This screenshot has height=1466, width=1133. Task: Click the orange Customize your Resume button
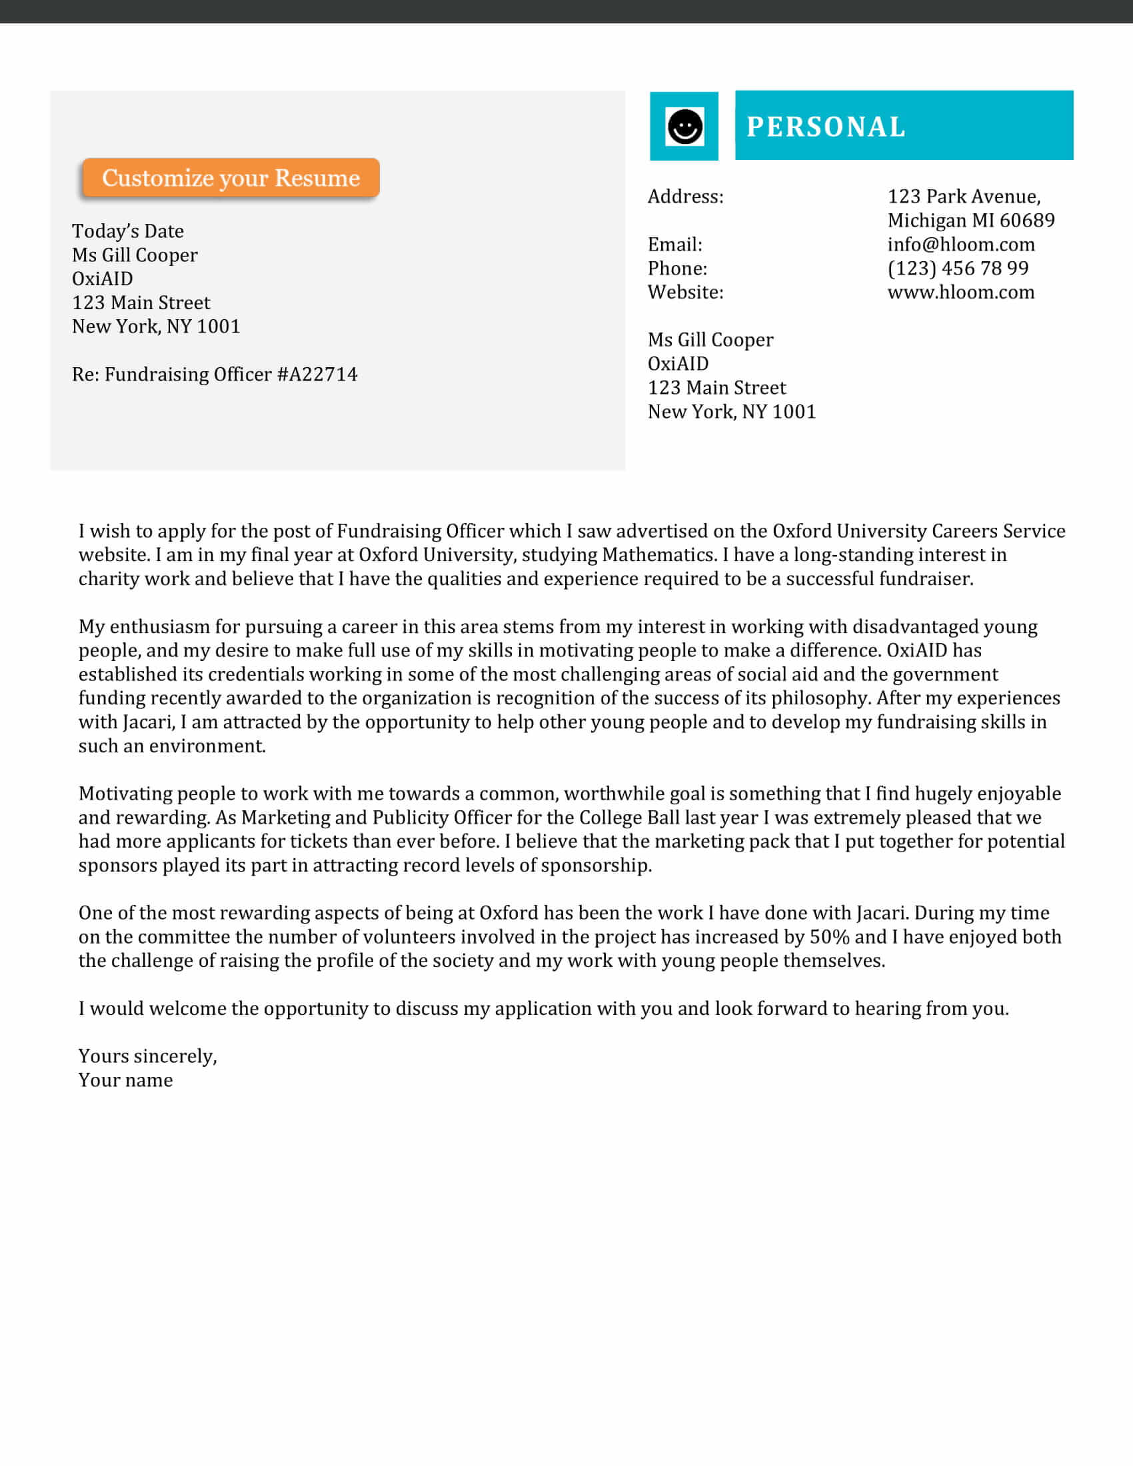pos(230,178)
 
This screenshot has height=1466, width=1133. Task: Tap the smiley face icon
pos(684,126)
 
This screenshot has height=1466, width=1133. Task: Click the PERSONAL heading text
pos(826,127)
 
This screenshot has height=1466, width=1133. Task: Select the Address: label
pos(685,197)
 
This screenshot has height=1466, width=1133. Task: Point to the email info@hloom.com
pos(960,245)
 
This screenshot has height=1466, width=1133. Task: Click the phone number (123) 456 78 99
pos(958,269)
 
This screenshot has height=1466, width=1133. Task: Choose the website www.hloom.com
pos(960,293)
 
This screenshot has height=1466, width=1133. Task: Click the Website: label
pos(685,293)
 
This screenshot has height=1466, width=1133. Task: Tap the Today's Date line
pos(127,232)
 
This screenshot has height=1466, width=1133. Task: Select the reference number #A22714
pos(317,374)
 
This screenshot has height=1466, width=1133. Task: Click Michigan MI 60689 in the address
pos(970,221)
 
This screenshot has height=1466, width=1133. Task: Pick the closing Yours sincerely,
pos(148,1057)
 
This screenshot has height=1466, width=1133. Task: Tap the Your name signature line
pos(125,1081)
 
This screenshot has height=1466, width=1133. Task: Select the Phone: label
pos(677,269)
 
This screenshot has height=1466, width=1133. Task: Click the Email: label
pos(674,245)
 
